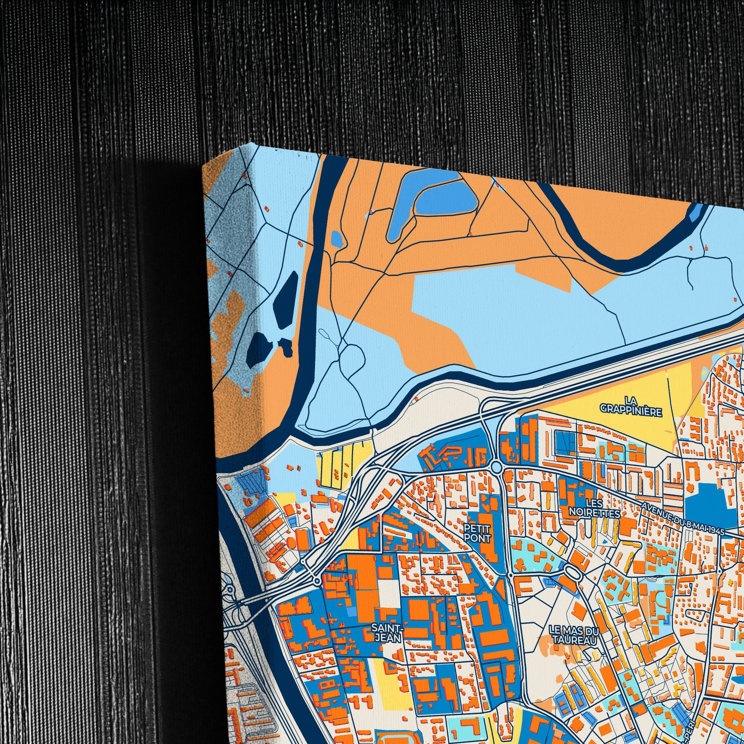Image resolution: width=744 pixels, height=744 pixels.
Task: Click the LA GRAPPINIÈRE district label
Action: (631, 409)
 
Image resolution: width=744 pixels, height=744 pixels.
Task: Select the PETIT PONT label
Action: (478, 532)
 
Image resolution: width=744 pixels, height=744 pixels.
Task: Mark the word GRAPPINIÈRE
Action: (631, 411)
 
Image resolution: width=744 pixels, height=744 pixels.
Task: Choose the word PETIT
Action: (478, 527)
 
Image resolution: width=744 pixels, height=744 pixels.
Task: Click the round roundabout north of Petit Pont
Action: (496, 468)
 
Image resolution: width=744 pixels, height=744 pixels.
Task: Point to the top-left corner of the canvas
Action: (204, 165)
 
